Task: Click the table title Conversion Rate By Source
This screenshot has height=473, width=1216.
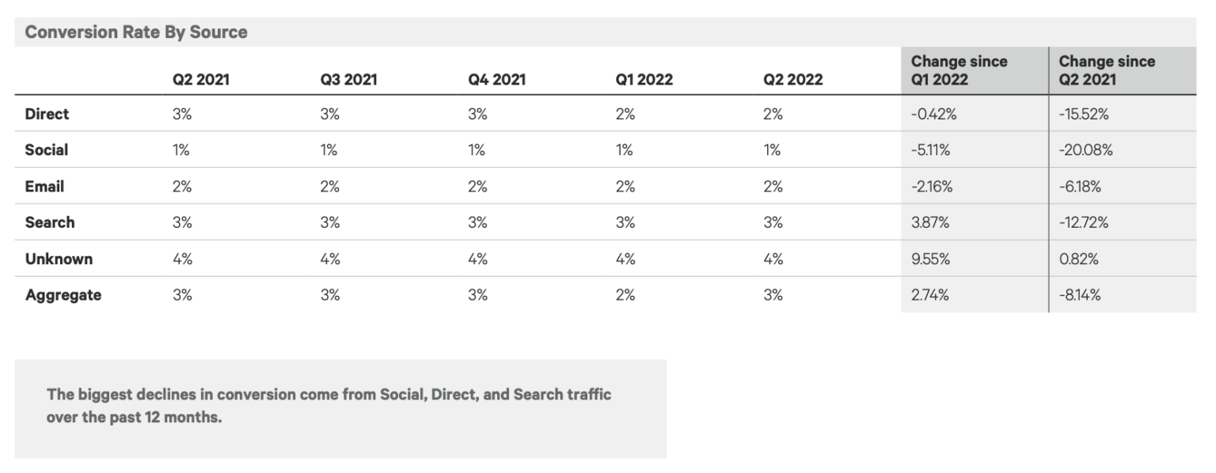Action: coord(136,32)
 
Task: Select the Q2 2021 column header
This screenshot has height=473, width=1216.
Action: coord(201,79)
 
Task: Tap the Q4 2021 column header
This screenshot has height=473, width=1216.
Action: coord(496,79)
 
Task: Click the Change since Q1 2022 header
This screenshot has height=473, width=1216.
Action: coord(959,70)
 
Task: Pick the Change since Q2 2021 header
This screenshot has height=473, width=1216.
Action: coord(1107,70)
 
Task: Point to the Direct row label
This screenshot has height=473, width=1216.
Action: coord(47,114)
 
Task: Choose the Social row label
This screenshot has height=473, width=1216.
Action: coord(47,150)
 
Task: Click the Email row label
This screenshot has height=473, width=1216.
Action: coord(44,187)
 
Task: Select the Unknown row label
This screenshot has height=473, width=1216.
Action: coord(59,259)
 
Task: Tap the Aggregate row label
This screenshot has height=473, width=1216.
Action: coord(63,295)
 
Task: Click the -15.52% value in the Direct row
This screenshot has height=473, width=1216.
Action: coord(1084,114)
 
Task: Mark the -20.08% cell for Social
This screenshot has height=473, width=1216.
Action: coord(1085,150)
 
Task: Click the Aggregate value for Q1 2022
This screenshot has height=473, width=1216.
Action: coord(625,295)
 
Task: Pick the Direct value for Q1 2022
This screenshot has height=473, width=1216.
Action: coord(625,114)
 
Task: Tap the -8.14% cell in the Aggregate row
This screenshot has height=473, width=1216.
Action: coord(1080,295)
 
